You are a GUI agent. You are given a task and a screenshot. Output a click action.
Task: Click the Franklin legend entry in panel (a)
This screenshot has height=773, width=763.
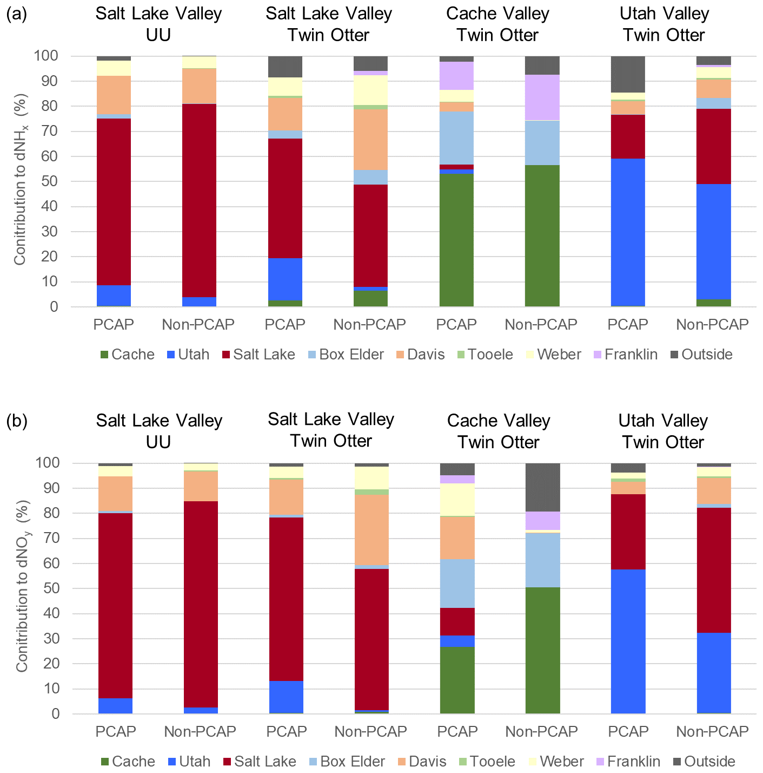tap(631, 355)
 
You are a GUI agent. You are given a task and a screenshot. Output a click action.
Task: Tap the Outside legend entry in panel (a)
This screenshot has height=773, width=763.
tap(706, 355)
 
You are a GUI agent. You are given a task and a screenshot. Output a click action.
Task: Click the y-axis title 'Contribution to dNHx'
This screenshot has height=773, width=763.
tap(21, 181)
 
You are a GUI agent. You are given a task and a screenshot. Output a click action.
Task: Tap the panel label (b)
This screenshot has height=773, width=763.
tap(16, 421)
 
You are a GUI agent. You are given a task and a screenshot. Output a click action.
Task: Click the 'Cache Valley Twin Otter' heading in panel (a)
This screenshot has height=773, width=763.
tap(497, 24)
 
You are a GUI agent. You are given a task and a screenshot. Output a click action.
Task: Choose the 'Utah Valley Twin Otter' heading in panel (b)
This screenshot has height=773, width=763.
tap(663, 431)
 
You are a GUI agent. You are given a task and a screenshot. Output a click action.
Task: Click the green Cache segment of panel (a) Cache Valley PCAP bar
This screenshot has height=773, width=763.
tap(456, 238)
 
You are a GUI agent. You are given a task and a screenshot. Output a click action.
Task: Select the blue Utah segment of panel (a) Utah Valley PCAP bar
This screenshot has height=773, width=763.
tap(628, 233)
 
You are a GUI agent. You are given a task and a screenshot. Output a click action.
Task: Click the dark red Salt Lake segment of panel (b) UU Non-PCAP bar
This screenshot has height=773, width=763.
tap(201, 604)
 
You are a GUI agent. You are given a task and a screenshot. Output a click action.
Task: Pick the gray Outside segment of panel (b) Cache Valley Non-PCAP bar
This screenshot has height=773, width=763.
tap(542, 487)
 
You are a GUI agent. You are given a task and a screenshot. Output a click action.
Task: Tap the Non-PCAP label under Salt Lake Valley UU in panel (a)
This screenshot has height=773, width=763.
tap(198, 325)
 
